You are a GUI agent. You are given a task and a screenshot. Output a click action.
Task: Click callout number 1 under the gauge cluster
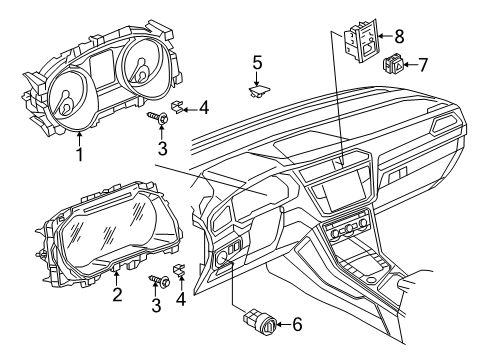point(79,154)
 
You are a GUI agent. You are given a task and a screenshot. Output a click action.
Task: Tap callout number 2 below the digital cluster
point(117,294)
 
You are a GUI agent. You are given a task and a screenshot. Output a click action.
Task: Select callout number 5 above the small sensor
point(257,63)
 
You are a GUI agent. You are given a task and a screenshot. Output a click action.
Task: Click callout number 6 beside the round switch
point(297,324)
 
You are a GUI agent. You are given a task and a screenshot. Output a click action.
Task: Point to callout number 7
point(422,65)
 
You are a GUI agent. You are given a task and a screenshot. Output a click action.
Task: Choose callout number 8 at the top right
point(399,36)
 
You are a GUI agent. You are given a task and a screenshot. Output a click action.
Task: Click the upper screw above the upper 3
point(158,117)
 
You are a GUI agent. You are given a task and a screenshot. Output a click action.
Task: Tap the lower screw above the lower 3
point(159,281)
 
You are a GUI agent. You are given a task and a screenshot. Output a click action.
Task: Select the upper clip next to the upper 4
point(176,107)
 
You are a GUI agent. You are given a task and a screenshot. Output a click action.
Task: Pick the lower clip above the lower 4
point(179,269)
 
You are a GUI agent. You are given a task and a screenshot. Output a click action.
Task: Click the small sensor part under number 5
point(258,90)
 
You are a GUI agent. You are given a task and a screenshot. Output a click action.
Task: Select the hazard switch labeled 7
point(393,63)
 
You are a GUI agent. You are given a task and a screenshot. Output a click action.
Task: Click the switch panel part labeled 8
point(361,41)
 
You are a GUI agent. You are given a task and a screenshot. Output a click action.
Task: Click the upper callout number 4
point(203,108)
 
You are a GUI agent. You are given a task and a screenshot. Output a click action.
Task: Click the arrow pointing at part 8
point(385,36)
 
